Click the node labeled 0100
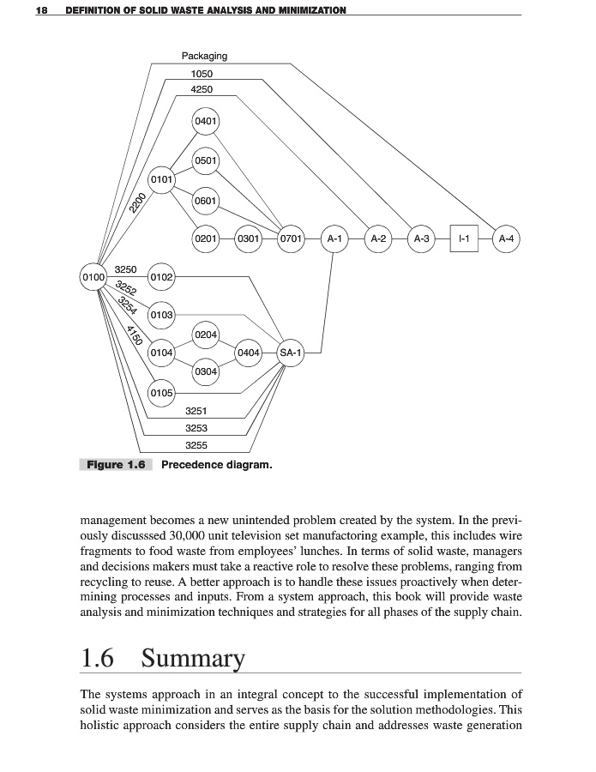93,278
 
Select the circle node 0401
205,121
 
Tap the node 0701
292,238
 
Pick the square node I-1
463,238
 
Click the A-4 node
507,238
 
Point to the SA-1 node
291,353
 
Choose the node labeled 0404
249,353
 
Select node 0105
161,393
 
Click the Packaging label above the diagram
204,56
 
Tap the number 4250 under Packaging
202,89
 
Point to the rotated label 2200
135,204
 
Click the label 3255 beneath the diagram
196,444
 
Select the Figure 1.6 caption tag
115,465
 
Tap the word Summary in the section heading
193,659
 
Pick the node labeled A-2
377,238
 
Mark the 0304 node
205,371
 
